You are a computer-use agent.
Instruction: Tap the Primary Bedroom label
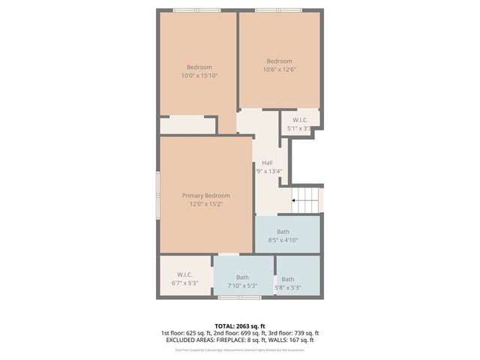[205, 195]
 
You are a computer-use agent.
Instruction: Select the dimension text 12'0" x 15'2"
[205, 203]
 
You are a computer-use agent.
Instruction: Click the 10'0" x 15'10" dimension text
[199, 75]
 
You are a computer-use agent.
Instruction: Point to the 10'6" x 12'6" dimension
[279, 70]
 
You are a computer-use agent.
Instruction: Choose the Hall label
[267, 163]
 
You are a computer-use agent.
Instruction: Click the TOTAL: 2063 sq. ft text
[239, 325]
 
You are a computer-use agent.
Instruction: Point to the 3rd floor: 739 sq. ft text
[293, 333]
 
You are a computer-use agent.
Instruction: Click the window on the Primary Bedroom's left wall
[158, 194]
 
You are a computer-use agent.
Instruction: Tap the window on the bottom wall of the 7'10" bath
[239, 298]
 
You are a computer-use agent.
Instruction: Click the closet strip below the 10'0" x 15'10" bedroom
[188, 125]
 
